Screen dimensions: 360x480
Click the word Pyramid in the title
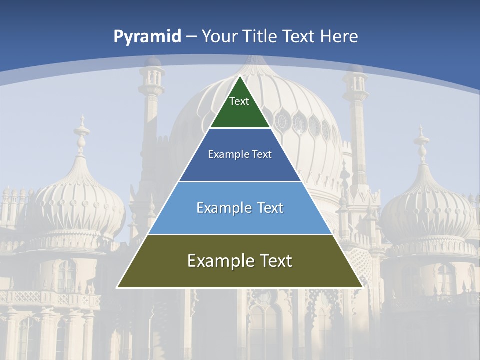147,37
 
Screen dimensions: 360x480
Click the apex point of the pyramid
240,76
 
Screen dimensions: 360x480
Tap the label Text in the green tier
239,101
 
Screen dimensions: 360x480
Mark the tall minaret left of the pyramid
151,115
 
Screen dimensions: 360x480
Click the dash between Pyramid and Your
191,37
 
